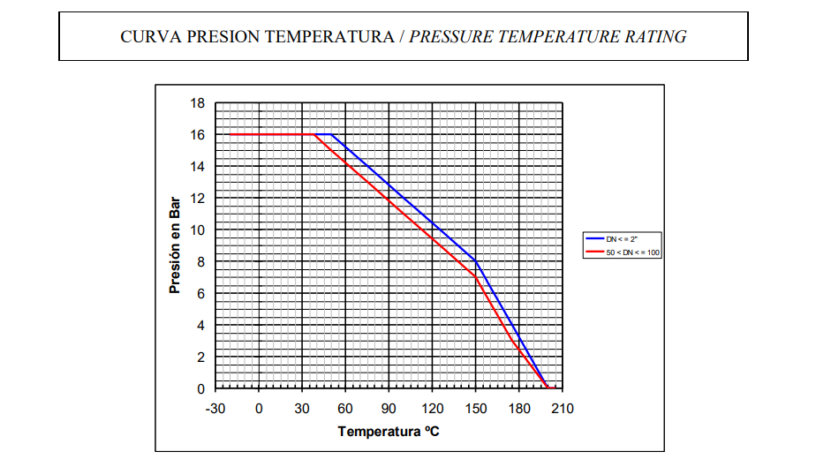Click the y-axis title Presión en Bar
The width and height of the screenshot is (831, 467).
pos(174,245)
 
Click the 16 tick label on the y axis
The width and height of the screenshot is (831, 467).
pos(197,135)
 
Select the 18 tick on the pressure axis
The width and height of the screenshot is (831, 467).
pos(197,103)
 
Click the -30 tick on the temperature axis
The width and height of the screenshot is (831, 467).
pos(215,408)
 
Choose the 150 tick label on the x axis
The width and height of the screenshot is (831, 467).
pos(476,408)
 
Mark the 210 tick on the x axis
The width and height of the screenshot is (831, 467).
pos(563,408)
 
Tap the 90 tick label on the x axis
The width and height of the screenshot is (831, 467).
pos(389,408)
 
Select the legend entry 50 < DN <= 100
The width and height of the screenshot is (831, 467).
pos(632,252)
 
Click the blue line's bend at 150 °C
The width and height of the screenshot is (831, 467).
pos(476,261)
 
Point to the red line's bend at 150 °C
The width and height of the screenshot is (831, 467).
pos(476,277)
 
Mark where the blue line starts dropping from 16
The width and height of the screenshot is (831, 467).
pos(331,135)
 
